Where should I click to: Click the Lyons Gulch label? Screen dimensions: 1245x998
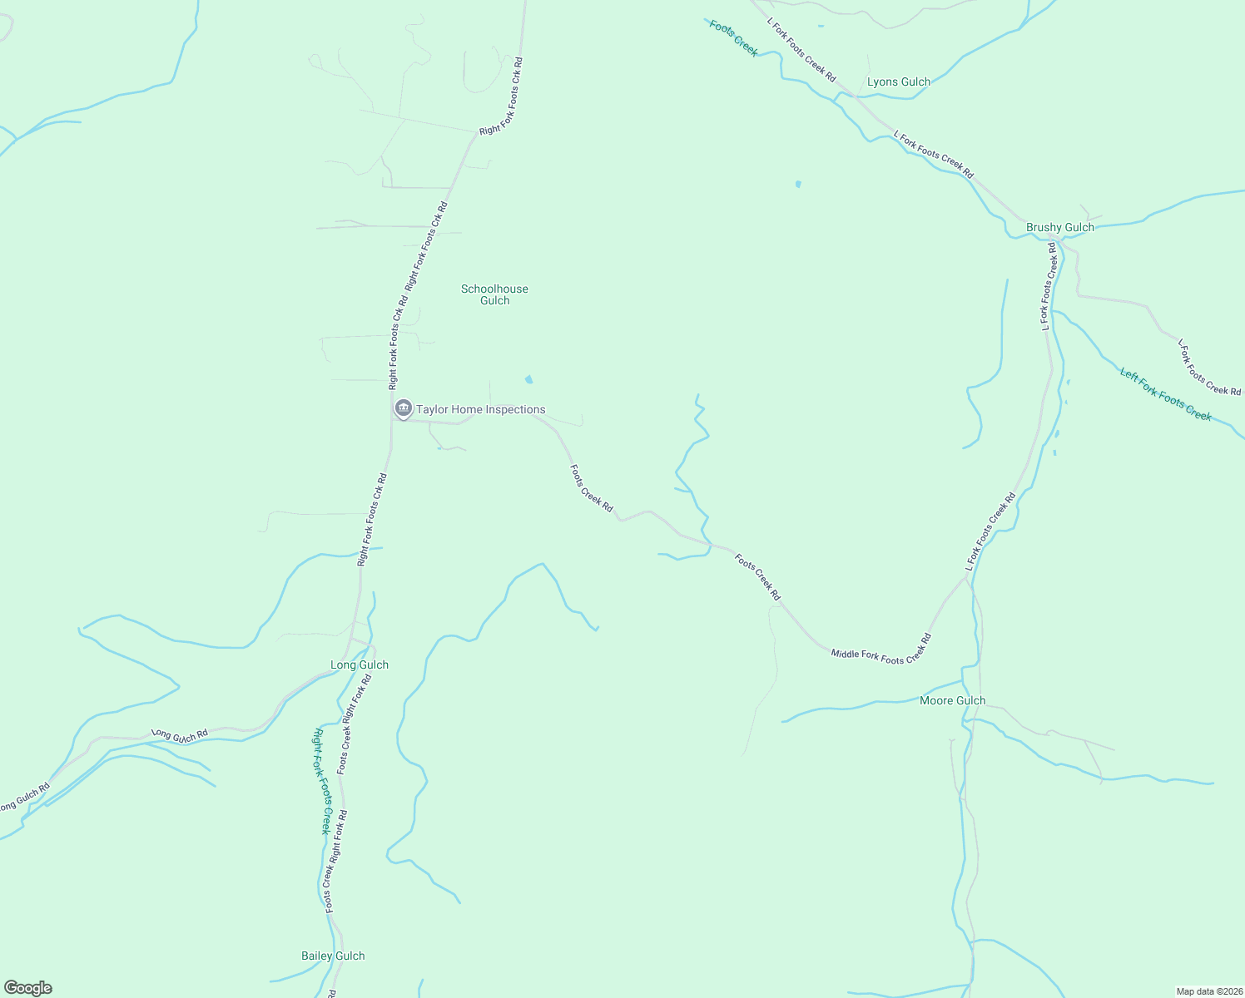(899, 82)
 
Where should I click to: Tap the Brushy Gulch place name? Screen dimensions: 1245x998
(1059, 227)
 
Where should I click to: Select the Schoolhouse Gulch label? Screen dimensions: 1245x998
(494, 294)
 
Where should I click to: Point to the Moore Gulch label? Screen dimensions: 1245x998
(952, 700)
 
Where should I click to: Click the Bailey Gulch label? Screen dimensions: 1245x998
(333, 956)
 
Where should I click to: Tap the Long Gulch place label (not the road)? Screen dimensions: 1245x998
(359, 665)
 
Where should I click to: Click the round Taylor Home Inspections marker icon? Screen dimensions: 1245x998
(404, 408)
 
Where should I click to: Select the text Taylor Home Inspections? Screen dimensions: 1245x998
(481, 409)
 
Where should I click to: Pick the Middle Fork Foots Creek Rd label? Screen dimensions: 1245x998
(880, 649)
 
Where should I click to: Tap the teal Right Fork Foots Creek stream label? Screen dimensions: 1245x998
(321, 781)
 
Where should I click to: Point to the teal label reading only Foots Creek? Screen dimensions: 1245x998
(733, 38)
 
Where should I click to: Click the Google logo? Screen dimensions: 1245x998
(27, 988)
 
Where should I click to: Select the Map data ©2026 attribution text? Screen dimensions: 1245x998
(1208, 991)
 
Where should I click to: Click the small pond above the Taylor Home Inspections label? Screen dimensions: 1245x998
(528, 380)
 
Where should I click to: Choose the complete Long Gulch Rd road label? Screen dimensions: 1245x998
(180, 735)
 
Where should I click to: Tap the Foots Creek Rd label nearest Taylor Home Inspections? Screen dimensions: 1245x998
(592, 488)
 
